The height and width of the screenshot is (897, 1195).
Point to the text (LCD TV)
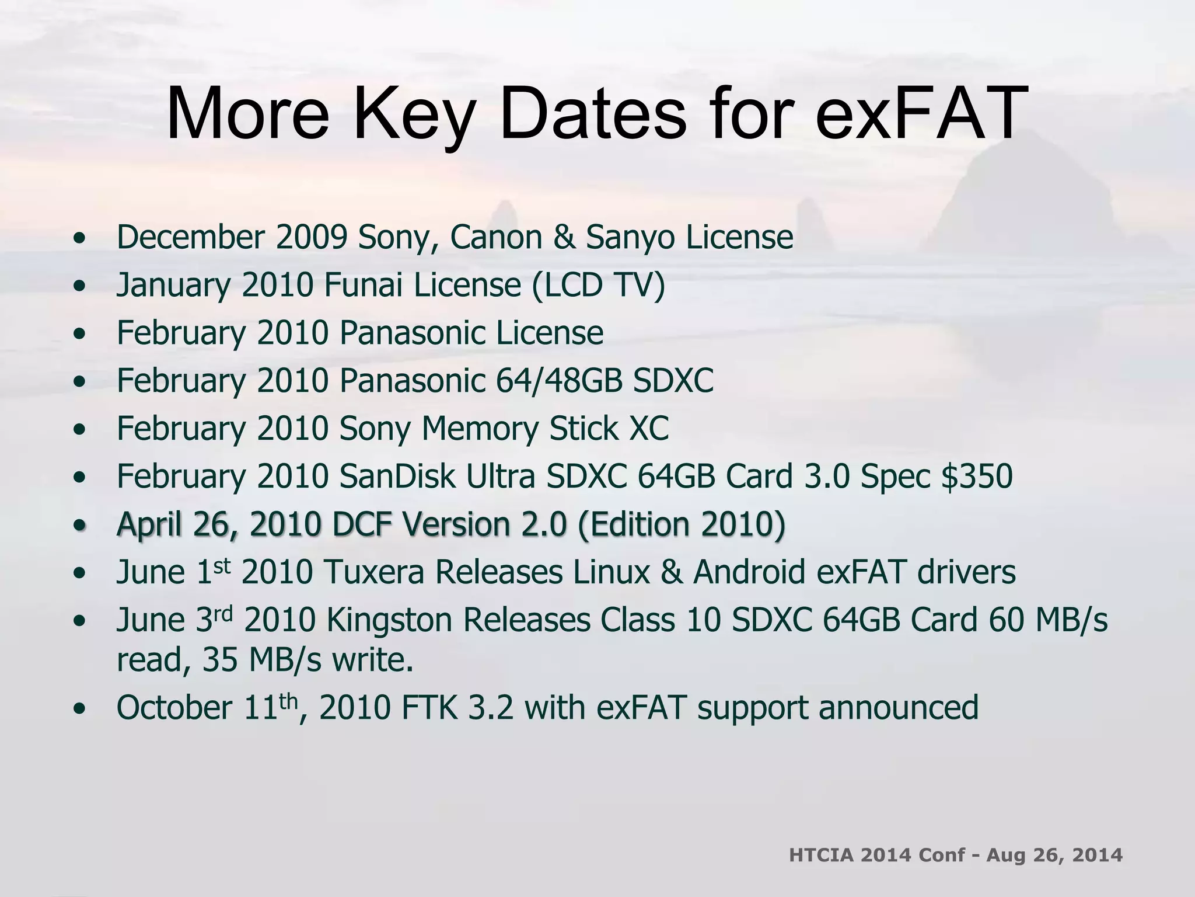598,286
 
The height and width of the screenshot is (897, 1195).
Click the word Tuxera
373,572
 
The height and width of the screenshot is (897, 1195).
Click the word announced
899,708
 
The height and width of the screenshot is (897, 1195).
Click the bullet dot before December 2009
80,239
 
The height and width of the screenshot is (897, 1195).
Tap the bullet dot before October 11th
80,709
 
